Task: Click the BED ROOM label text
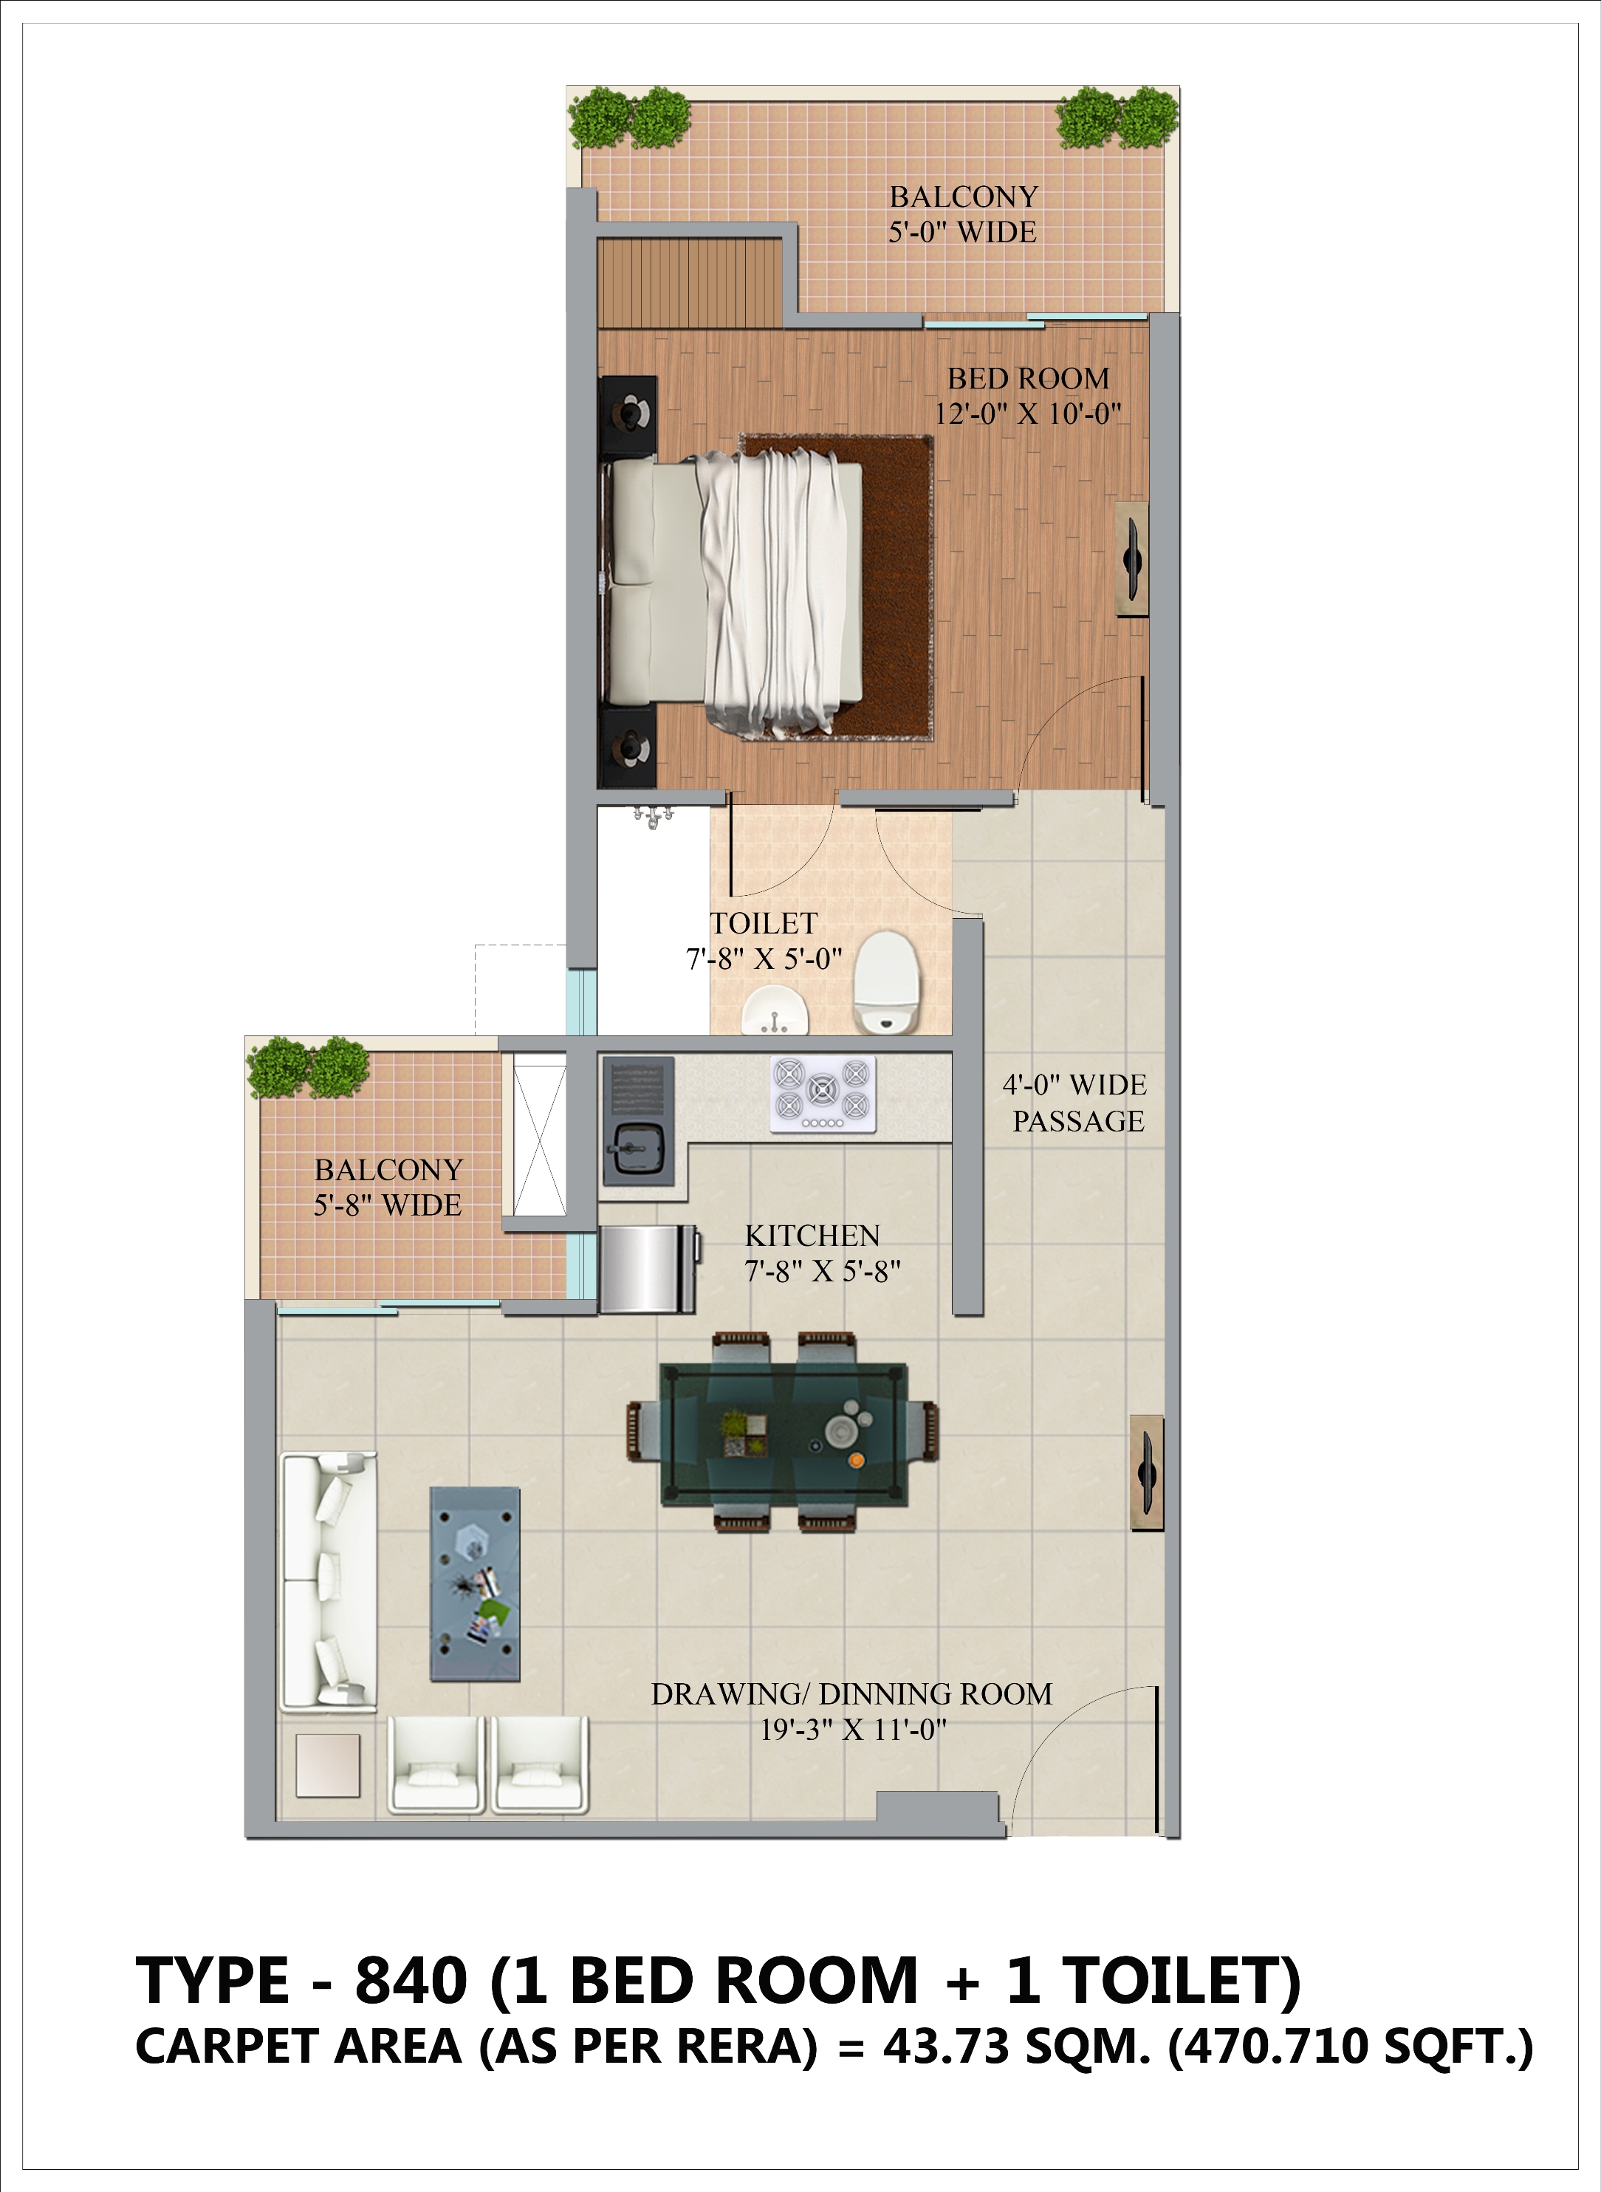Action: (x=1028, y=378)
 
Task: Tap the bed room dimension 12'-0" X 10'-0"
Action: (x=1027, y=414)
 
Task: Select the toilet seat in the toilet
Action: (x=885, y=981)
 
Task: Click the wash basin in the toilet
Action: (x=775, y=1011)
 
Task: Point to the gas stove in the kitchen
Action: (x=823, y=1093)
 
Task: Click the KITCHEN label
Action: (x=812, y=1236)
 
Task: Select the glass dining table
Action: (x=783, y=1434)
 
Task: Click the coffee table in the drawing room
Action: (x=475, y=1583)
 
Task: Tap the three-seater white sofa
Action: (x=329, y=1580)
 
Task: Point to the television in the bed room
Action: (x=1131, y=559)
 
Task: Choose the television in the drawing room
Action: (x=1147, y=1473)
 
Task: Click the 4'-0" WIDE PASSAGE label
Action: (x=1076, y=1103)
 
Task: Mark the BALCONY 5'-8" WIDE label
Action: (x=388, y=1187)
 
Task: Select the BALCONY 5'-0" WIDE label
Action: (x=963, y=214)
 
